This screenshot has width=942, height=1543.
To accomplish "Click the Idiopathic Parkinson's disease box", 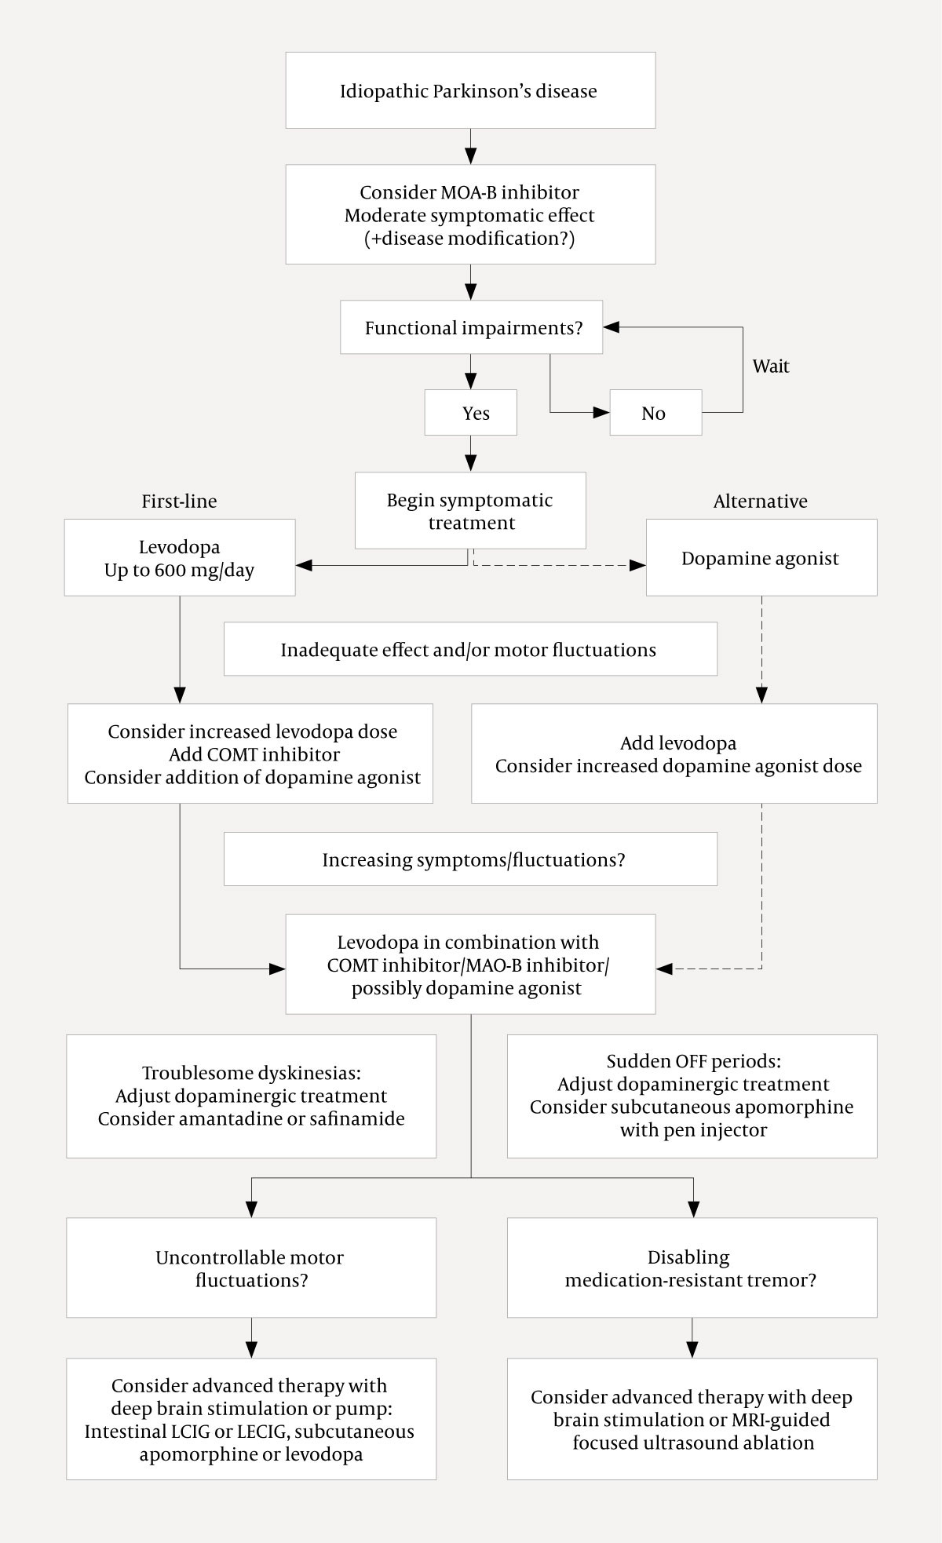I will click(469, 90).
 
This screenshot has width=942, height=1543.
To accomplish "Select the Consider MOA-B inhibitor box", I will click(469, 214).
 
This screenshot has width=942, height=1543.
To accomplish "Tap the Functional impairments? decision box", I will click(471, 327).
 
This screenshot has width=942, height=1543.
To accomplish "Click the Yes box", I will click(471, 413).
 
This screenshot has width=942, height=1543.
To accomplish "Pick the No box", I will click(655, 413).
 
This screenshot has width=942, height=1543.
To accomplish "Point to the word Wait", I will click(770, 366).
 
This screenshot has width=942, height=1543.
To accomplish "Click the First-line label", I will click(179, 501).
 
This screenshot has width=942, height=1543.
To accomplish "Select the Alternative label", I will click(760, 501).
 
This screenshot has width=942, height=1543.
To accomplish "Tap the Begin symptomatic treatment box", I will click(469, 511).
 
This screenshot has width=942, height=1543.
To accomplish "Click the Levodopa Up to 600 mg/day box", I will click(179, 557).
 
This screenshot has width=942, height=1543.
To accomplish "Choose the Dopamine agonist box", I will click(760, 558).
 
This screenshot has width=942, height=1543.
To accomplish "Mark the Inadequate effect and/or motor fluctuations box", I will click(469, 649).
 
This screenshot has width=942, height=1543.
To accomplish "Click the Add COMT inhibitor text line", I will click(254, 754).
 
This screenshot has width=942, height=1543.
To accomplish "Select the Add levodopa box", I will click(674, 753).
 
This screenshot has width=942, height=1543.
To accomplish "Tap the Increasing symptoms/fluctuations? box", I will click(469, 859).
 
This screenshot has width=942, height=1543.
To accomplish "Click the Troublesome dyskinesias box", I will click(251, 1096).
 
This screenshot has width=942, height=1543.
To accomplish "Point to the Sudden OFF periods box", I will click(692, 1096).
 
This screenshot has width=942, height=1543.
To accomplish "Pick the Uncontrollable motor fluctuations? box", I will click(251, 1268).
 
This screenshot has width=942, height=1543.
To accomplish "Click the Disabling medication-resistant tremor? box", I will click(692, 1268).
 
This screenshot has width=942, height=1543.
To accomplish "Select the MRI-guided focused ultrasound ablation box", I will click(692, 1419).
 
